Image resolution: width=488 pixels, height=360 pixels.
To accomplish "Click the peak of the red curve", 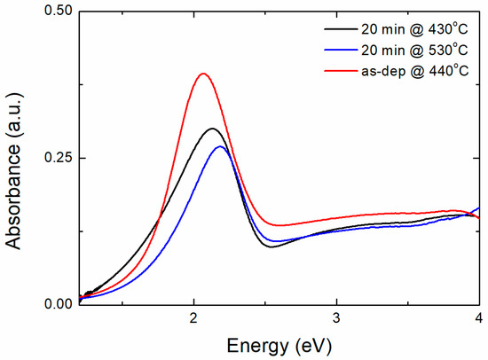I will click(x=204, y=74).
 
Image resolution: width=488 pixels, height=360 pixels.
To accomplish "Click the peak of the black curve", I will click(x=212, y=129).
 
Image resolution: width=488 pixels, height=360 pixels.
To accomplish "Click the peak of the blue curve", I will click(x=220, y=146).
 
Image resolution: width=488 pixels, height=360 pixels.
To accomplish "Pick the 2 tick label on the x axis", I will click(x=193, y=318).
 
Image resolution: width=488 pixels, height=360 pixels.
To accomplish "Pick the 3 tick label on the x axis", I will click(x=336, y=318).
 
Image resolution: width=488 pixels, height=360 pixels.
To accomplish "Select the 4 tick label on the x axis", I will click(x=479, y=318).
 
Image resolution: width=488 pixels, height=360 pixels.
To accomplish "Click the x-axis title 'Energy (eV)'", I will click(x=279, y=345).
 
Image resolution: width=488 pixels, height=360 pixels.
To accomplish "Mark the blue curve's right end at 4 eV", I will click(x=479, y=207).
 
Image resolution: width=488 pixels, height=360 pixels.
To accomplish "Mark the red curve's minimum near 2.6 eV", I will click(x=280, y=225).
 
